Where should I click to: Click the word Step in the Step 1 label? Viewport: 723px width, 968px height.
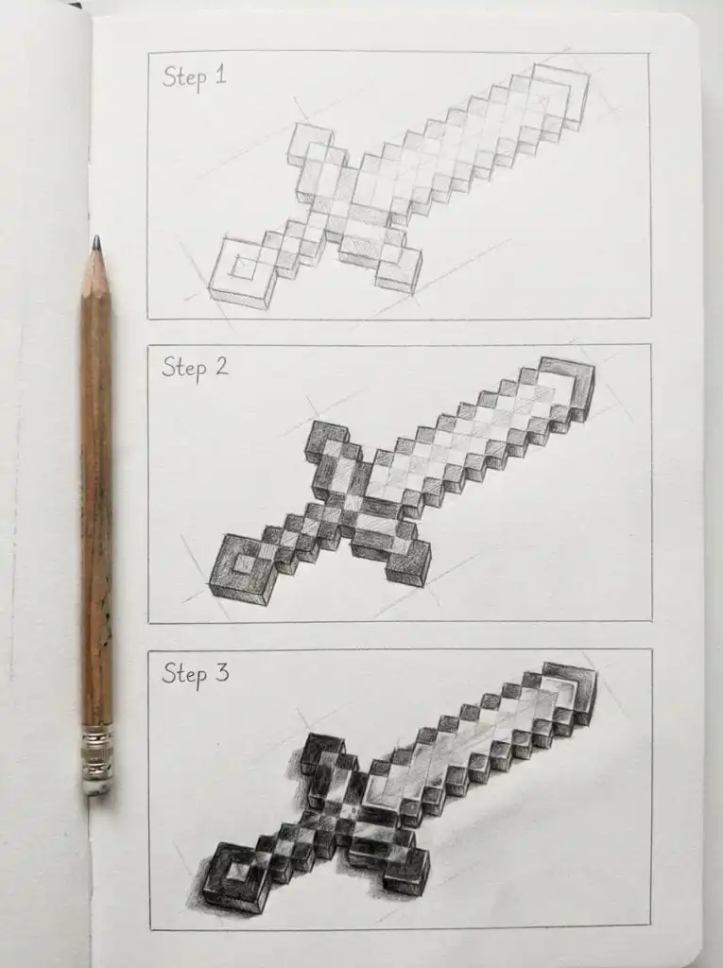point(183,77)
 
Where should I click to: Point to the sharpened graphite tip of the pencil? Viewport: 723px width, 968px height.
point(95,245)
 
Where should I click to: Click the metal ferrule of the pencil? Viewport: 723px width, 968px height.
point(96,757)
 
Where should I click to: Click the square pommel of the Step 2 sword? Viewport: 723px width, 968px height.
point(238,568)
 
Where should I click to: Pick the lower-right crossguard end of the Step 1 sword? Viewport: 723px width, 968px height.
point(399,268)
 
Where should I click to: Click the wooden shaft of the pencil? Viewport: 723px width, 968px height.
point(95,492)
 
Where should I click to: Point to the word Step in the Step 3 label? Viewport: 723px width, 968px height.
point(183,673)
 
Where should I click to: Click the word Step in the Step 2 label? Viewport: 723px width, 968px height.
point(183,367)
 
